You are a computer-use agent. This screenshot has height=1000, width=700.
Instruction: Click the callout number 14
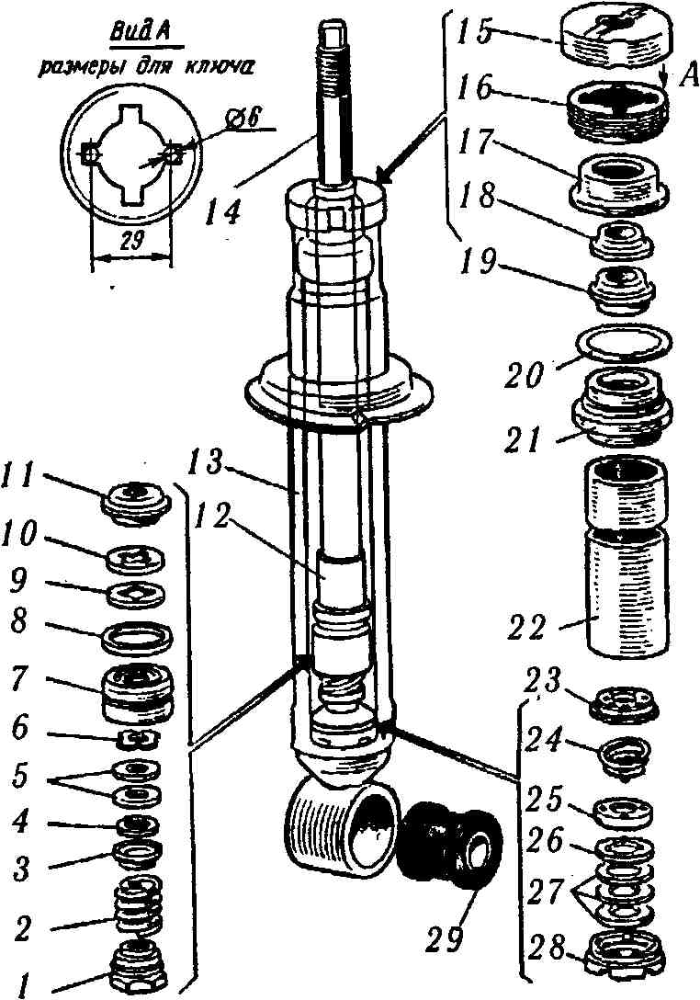coord(223,211)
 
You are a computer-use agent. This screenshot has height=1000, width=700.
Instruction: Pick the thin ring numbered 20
coord(621,344)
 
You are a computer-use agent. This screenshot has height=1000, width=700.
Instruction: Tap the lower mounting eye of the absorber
coord(344,823)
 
